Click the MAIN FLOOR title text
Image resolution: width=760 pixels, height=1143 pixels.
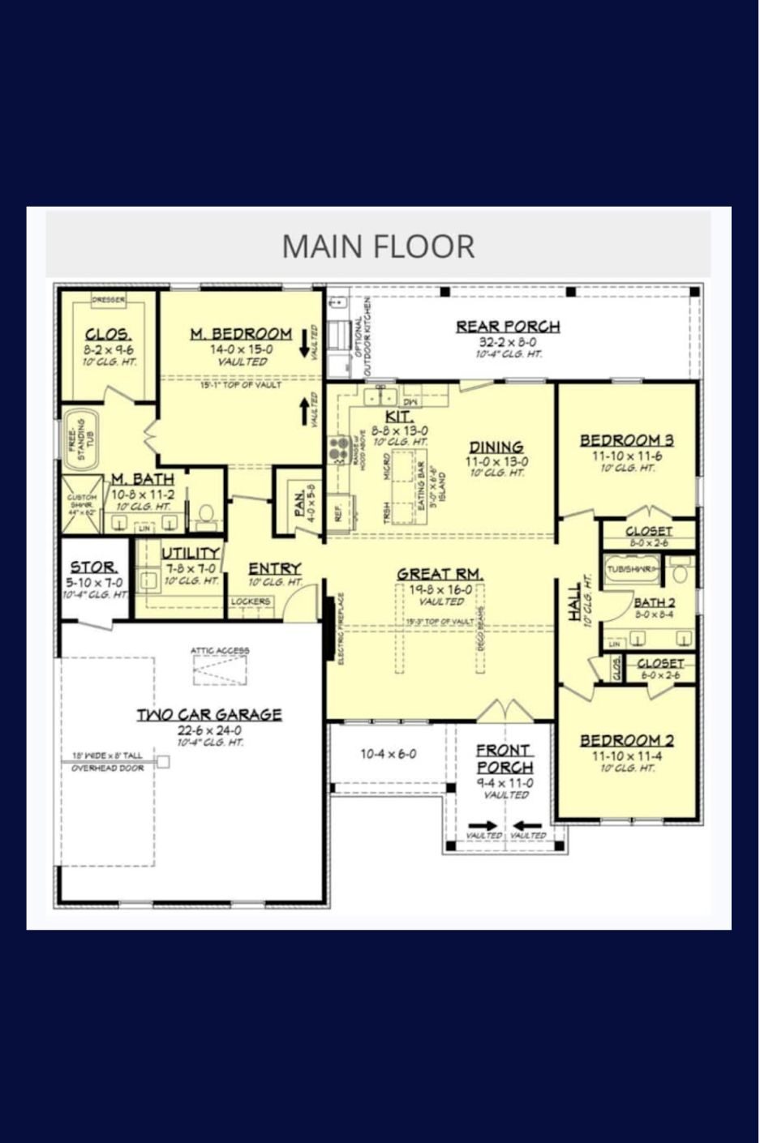378,246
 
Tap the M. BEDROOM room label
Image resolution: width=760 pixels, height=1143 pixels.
241,334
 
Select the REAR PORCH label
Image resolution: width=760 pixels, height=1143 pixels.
508,327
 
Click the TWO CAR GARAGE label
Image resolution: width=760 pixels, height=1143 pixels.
209,714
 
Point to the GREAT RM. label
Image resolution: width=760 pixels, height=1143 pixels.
440,574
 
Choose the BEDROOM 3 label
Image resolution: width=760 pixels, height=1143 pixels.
626,440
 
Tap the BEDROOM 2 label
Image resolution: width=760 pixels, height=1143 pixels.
626,740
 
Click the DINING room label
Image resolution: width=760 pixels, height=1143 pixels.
496,447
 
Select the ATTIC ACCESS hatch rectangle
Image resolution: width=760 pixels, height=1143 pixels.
219,670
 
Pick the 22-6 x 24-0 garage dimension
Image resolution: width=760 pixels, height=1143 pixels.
209,730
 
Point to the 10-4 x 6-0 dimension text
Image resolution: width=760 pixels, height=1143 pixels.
389,754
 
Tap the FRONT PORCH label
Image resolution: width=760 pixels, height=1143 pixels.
505,759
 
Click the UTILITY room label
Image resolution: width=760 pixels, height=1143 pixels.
191,554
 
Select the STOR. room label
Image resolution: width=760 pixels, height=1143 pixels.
93,567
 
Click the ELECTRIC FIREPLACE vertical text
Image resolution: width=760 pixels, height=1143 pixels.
341,629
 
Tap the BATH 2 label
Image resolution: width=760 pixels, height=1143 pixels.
654,602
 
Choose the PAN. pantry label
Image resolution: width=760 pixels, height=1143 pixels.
298,504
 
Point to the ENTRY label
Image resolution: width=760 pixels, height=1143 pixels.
274,568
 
